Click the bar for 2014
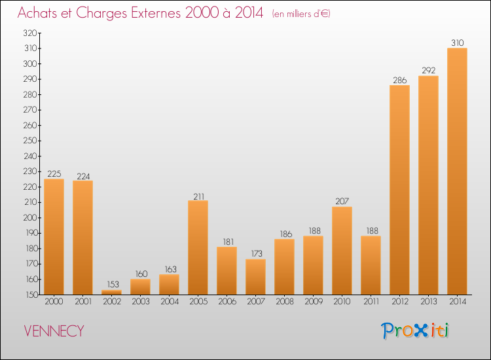coord(457,171)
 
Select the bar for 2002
coord(111,293)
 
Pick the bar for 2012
coord(399,190)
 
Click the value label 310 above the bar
coord(458,43)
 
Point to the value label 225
coord(54,173)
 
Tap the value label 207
coord(342,201)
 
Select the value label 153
coord(111,284)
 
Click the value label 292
coord(428,70)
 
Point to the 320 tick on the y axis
coord(29,33)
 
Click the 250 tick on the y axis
coord(29,141)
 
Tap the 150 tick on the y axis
coord(29,295)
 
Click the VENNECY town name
coord(54,331)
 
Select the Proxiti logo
coord(416,331)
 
